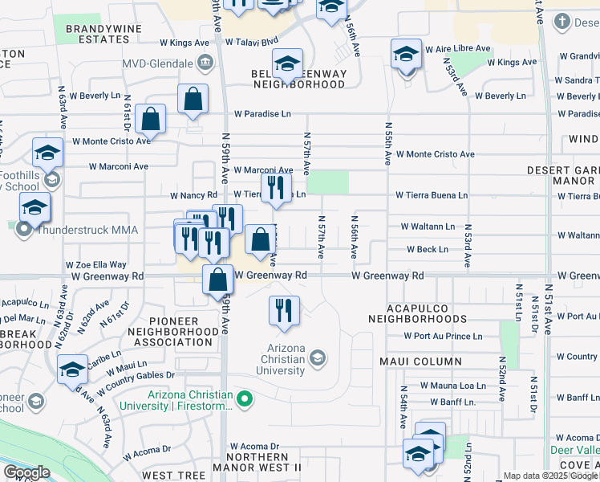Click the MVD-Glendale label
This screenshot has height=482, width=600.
pyautogui.click(x=157, y=62)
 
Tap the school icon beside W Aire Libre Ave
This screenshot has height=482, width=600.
pyautogui.click(x=407, y=55)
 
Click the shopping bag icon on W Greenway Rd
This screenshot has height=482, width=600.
pyautogui.click(x=218, y=281)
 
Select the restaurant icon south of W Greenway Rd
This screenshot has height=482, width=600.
pyautogui.click(x=282, y=310)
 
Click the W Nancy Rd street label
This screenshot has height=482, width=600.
pyautogui.click(x=193, y=195)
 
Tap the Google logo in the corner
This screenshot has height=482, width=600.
pyautogui.click(x=26, y=472)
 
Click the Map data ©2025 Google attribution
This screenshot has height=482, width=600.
pyautogui.click(x=550, y=476)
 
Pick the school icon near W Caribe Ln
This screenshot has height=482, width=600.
pyautogui.click(x=72, y=369)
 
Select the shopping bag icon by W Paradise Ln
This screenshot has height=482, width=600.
pyautogui.click(x=150, y=119)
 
